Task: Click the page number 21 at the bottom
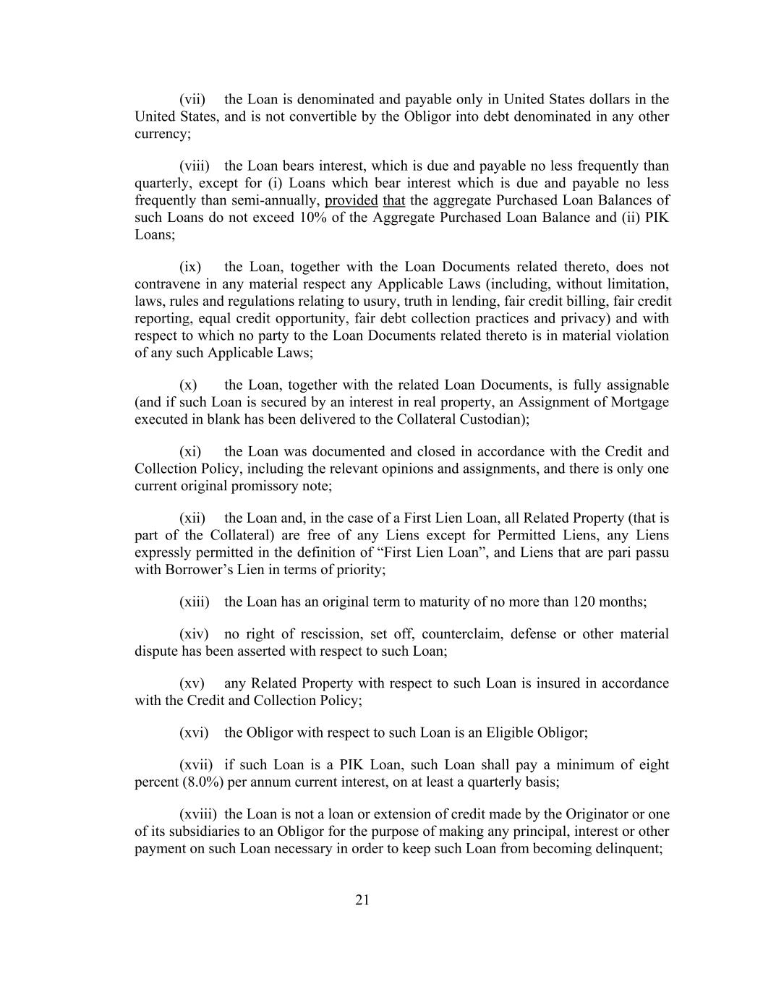[x=363, y=900]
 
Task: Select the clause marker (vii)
[x=192, y=99]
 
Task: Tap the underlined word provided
[x=351, y=200]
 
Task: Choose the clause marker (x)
[x=188, y=385]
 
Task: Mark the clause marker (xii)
[x=192, y=518]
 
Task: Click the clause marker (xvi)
[x=194, y=732]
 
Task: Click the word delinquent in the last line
[x=630, y=849]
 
